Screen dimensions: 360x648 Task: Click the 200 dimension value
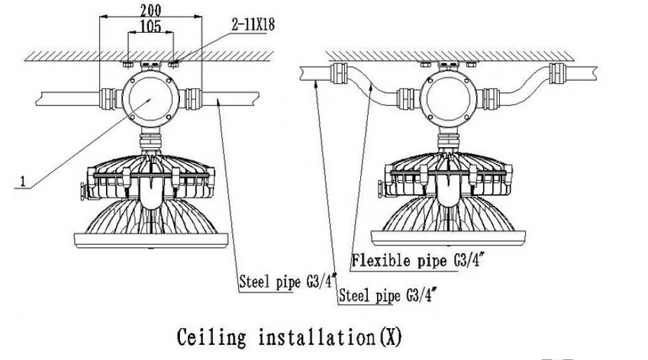pyautogui.click(x=150, y=10)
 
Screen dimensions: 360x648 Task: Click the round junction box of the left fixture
pyautogui.click(x=150, y=99)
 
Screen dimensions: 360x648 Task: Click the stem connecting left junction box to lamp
pyautogui.click(x=150, y=139)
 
